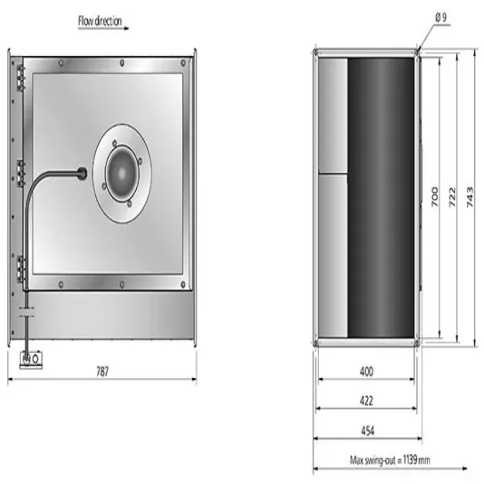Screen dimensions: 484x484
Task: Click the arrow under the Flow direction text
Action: click(x=103, y=29)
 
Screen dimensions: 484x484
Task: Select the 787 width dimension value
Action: click(x=102, y=371)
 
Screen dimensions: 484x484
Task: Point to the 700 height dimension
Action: click(x=434, y=197)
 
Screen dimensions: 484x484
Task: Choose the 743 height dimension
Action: click(x=470, y=197)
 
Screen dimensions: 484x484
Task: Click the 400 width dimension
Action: click(x=366, y=371)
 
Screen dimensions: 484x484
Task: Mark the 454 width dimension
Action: click(x=366, y=430)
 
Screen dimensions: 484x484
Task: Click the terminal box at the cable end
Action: click(x=31, y=358)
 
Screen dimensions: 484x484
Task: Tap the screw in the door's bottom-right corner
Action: click(x=183, y=286)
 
